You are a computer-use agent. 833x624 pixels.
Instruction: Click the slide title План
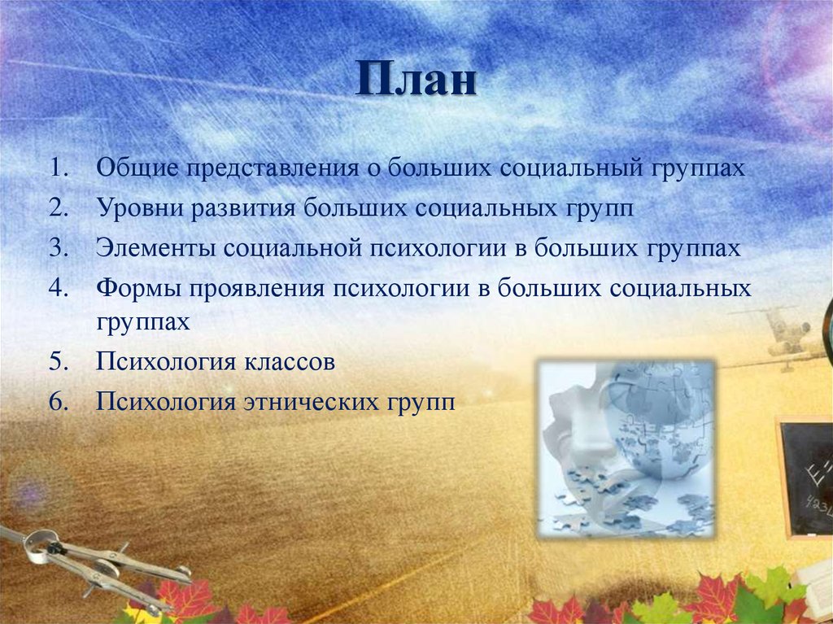click(x=416, y=82)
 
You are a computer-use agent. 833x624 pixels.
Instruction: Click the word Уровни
click(x=139, y=209)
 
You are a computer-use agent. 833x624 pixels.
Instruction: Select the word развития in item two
click(x=245, y=209)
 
